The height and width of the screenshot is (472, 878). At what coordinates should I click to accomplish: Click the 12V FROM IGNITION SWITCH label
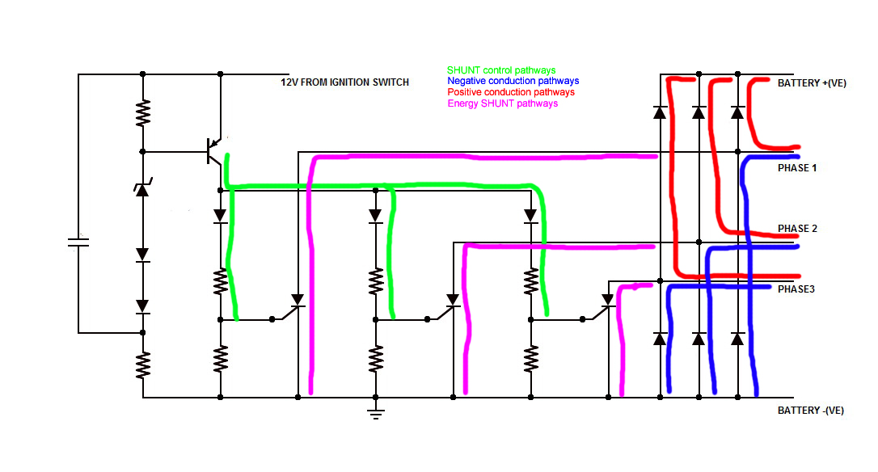(x=344, y=82)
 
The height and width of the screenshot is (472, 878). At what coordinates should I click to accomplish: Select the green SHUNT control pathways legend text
(x=501, y=70)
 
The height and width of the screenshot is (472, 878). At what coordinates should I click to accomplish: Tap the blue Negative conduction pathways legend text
(x=513, y=81)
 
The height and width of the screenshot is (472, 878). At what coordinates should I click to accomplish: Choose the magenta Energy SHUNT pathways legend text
(x=502, y=103)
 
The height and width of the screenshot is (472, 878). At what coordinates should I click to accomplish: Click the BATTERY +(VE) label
(x=812, y=83)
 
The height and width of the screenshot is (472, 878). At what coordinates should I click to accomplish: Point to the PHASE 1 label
(x=797, y=168)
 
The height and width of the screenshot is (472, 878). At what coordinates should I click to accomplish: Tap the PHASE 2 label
(x=797, y=229)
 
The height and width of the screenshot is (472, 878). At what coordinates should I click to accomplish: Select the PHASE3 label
(x=796, y=289)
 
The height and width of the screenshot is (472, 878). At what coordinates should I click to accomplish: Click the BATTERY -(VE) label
(x=810, y=411)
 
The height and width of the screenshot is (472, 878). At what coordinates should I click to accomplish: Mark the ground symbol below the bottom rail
(x=375, y=414)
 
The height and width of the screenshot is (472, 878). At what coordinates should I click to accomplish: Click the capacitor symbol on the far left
(x=78, y=242)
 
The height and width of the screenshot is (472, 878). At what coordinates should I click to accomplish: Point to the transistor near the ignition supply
(x=213, y=150)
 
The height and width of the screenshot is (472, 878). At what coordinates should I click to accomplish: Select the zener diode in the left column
(x=142, y=189)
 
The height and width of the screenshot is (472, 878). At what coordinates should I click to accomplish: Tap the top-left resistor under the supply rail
(x=143, y=113)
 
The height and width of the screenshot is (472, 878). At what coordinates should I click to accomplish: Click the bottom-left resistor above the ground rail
(x=143, y=365)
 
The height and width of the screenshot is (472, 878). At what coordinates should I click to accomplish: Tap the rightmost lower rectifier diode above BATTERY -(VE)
(x=737, y=339)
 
